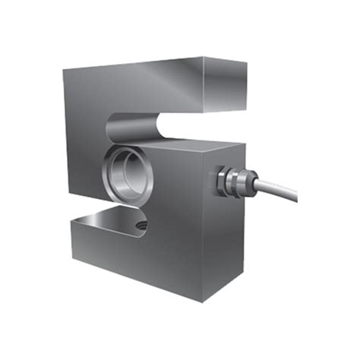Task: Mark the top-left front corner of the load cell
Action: tap(65, 71)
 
